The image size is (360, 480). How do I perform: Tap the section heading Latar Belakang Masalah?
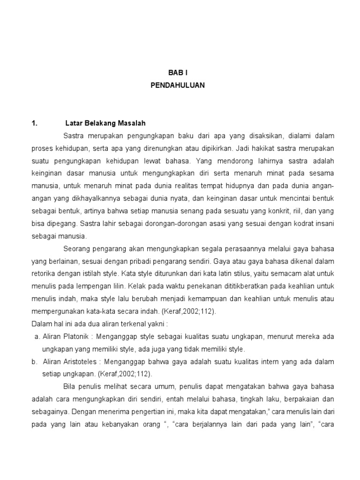106,123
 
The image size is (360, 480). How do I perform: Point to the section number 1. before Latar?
34,123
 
